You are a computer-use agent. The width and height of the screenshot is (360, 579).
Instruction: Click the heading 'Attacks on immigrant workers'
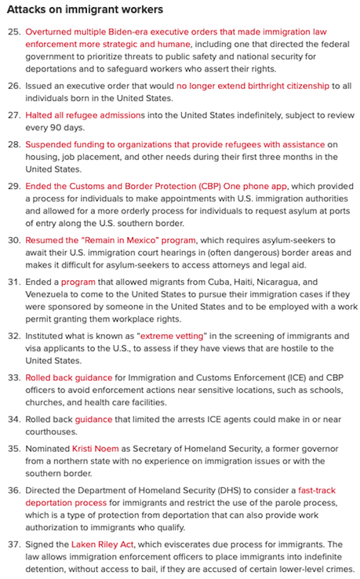85,10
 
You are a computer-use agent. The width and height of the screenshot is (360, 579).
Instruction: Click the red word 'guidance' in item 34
93,419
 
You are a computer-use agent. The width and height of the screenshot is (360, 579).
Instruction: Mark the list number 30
13,240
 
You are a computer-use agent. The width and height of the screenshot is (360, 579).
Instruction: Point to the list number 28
13,145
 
